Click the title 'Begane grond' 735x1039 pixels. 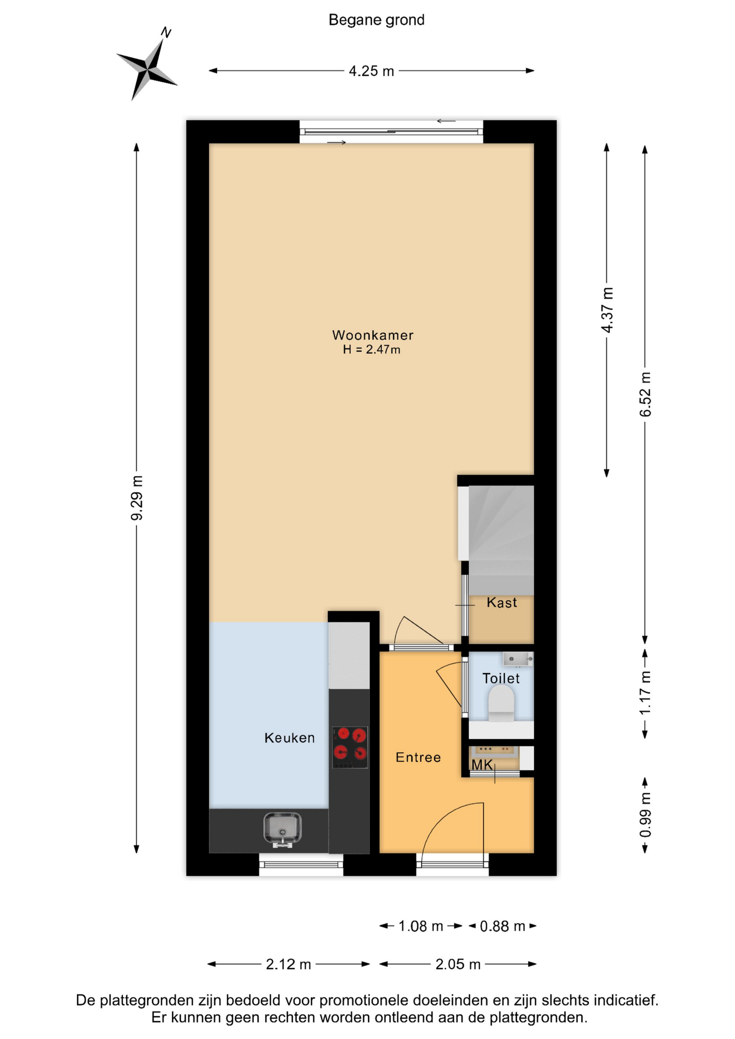point(376,20)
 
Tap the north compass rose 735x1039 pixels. point(147,69)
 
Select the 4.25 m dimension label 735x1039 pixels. point(371,71)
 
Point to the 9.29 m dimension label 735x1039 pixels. point(137,498)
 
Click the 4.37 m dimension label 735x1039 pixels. point(607,310)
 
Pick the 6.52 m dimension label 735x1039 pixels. point(645,394)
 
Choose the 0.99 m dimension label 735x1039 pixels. point(645,814)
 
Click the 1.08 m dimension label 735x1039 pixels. point(421,926)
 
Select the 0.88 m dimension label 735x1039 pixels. point(502,926)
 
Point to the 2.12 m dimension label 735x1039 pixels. point(288,964)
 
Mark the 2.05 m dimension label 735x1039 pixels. point(458,964)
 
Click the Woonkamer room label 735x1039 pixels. point(373,336)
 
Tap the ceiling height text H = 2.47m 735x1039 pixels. point(372,350)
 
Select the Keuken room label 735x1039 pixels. point(290,738)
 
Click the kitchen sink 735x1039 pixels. point(283,828)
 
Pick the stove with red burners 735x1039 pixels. point(350,747)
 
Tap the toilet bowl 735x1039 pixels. point(502,702)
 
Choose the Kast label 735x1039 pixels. point(502,603)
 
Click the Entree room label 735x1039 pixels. point(418,758)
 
